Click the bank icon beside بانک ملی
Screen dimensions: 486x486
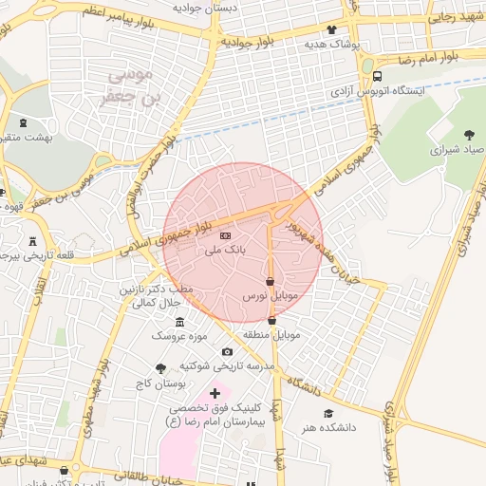[x=225, y=234]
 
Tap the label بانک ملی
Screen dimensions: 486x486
[x=225, y=251]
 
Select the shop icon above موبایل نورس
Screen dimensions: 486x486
[x=271, y=282]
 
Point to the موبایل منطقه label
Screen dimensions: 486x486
[x=274, y=335]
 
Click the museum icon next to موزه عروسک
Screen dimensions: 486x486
[x=180, y=323]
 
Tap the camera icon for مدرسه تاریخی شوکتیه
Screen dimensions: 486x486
[x=227, y=352]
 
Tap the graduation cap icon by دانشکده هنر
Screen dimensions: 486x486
[x=328, y=413]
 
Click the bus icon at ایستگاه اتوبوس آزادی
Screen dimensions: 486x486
[x=378, y=77]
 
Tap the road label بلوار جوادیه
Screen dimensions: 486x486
[x=249, y=43]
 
